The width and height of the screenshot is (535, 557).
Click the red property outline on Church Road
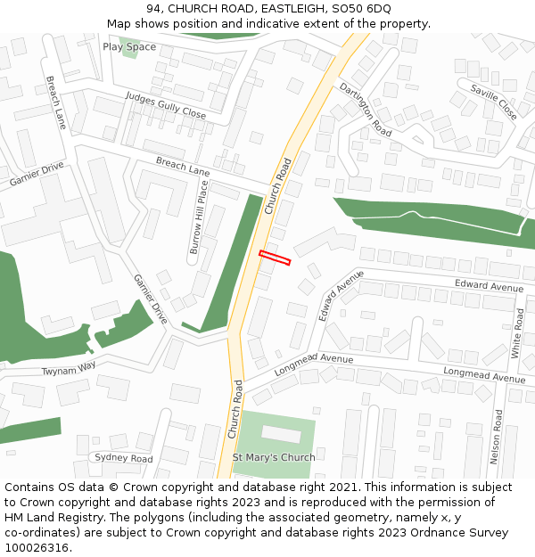[275, 258]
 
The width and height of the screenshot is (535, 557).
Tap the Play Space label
[129, 47]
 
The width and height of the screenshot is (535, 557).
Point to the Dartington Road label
[366, 109]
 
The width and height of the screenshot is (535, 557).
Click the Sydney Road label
[124, 458]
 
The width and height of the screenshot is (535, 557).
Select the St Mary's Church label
[274, 458]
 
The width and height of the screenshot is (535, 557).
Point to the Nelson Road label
[497, 438]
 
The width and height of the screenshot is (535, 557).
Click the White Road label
[517, 333]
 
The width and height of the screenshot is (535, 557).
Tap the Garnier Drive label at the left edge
[37, 175]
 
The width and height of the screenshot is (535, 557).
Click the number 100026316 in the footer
[37, 548]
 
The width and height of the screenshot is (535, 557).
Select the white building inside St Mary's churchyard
[281, 434]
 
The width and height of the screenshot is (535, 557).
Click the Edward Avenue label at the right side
[489, 287]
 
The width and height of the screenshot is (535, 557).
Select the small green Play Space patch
[129, 53]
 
